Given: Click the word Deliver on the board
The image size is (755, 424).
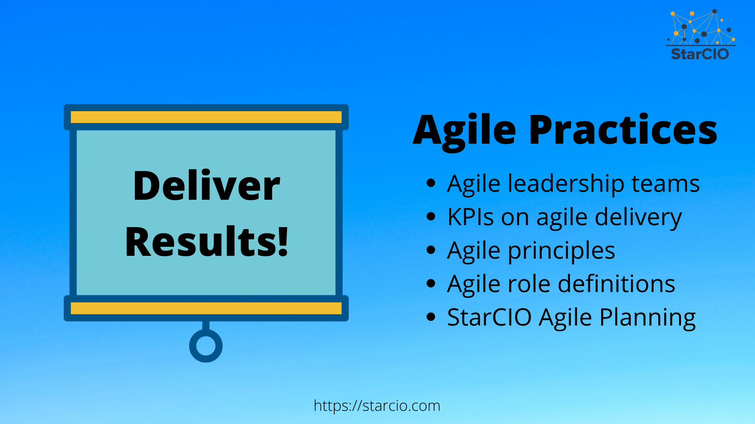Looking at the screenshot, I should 206,186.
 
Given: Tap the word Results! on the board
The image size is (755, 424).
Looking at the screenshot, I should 206,242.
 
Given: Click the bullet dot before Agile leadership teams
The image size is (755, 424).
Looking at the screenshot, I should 430,183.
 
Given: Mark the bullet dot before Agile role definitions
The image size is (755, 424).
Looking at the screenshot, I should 430,284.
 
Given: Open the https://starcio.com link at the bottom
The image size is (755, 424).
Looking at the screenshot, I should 377,406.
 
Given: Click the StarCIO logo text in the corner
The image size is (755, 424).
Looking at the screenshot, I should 700,54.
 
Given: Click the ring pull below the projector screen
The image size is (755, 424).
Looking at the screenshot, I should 206,346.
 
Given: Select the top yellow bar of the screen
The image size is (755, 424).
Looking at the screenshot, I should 206,117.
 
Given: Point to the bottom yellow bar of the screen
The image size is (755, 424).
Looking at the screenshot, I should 206,308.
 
